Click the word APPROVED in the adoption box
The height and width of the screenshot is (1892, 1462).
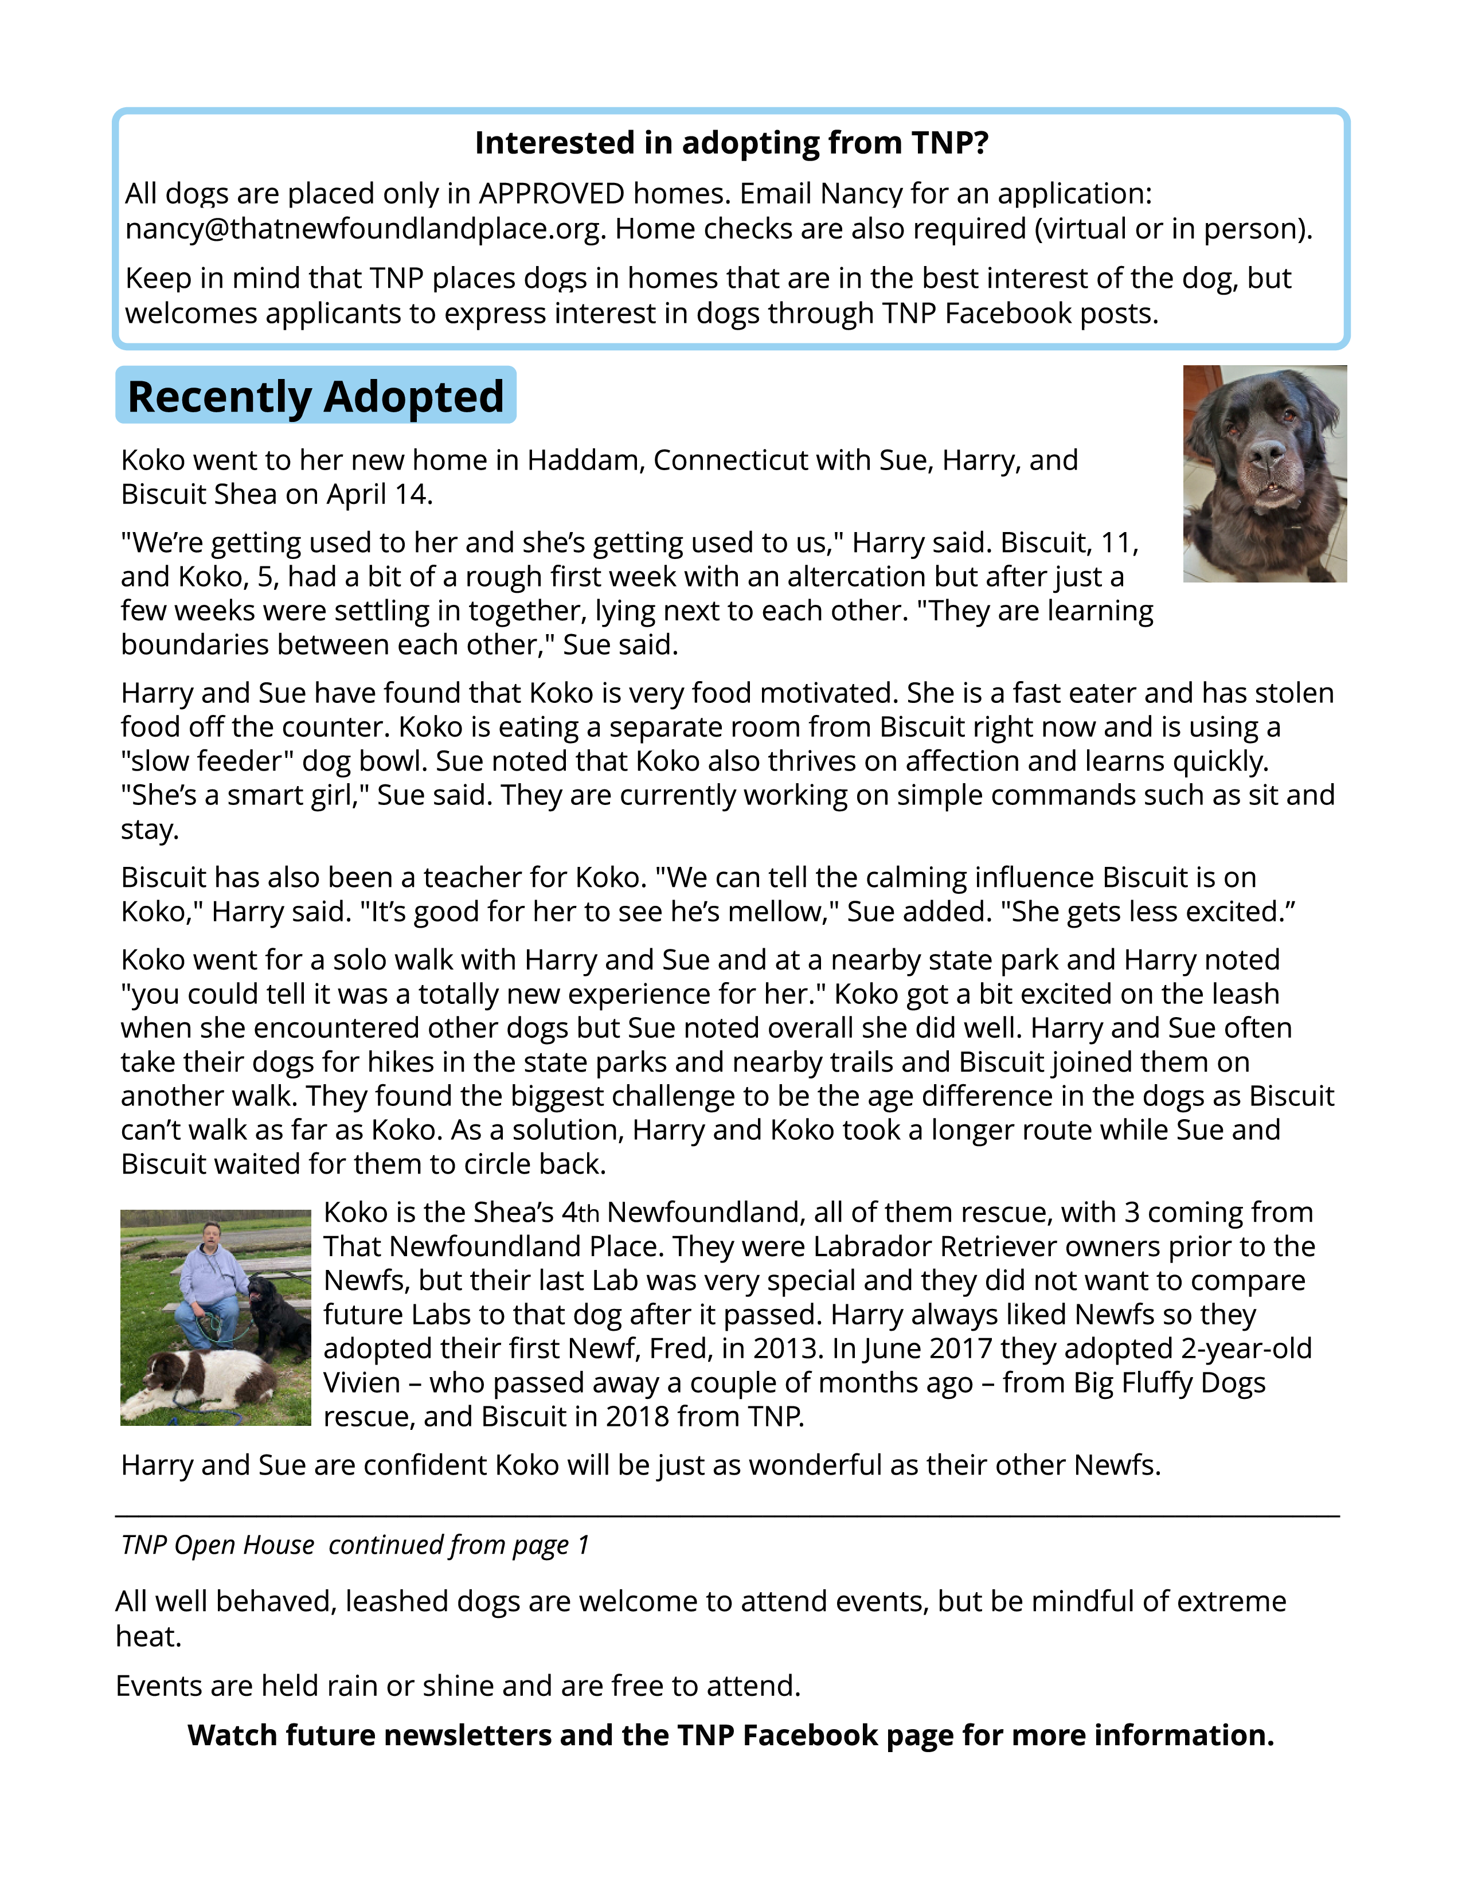(x=552, y=193)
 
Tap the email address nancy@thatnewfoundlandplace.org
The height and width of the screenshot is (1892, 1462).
(x=363, y=229)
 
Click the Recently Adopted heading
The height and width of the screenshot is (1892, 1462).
(x=315, y=396)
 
